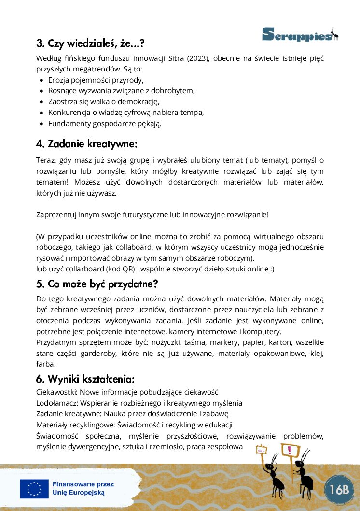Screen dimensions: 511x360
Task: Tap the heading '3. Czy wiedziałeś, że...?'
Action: [x=90, y=43]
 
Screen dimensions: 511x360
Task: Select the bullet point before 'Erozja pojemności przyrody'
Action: [x=42, y=80]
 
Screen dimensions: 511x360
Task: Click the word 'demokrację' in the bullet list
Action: [x=140, y=101]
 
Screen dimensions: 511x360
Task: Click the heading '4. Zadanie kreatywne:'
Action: [x=87, y=144]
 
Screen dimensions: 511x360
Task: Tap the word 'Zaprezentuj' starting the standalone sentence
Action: [x=55, y=215]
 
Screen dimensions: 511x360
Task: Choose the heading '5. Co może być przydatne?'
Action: [x=97, y=284]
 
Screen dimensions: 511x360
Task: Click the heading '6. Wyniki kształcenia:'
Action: [x=85, y=378]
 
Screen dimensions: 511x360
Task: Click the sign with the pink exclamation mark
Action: [x=290, y=451]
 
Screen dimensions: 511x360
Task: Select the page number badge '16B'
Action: [x=339, y=489]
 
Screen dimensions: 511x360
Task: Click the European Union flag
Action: [x=34, y=489]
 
